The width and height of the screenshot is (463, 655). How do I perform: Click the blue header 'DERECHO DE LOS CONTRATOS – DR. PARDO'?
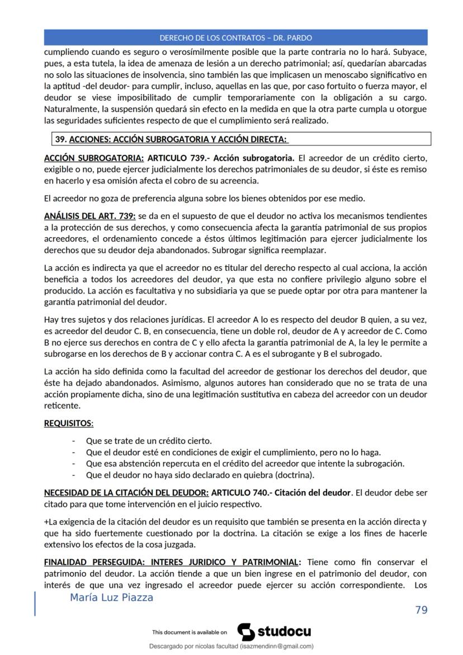pos(235,38)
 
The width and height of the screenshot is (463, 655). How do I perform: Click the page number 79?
pos(421,610)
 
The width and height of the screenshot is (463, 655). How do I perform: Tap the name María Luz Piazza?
pos(111,597)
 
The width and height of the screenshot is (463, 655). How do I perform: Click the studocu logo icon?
pos(246,632)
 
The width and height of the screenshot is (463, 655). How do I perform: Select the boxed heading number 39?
pos(59,139)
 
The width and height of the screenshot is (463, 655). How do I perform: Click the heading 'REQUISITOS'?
pos(68,423)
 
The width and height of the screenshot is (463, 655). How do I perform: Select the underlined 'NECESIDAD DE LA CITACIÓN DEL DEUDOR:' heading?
pos(126,493)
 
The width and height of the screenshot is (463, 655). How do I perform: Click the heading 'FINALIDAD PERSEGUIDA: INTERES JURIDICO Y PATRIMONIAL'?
pos(171,562)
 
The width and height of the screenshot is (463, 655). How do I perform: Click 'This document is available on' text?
pos(189,633)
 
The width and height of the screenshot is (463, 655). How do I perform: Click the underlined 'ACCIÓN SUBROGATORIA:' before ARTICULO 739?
pos(93,158)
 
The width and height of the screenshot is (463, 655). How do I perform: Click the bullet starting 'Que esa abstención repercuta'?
pos(245,464)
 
